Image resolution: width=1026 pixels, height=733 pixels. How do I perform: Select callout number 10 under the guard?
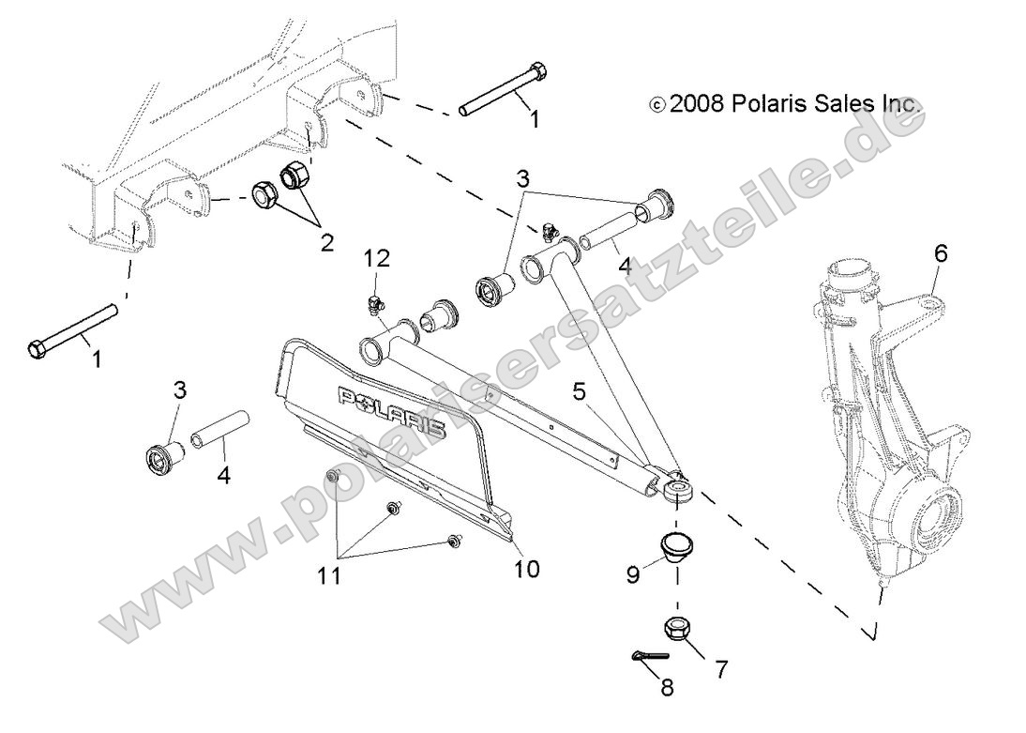(528, 569)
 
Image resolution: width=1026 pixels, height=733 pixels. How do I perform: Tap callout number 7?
(721, 670)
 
